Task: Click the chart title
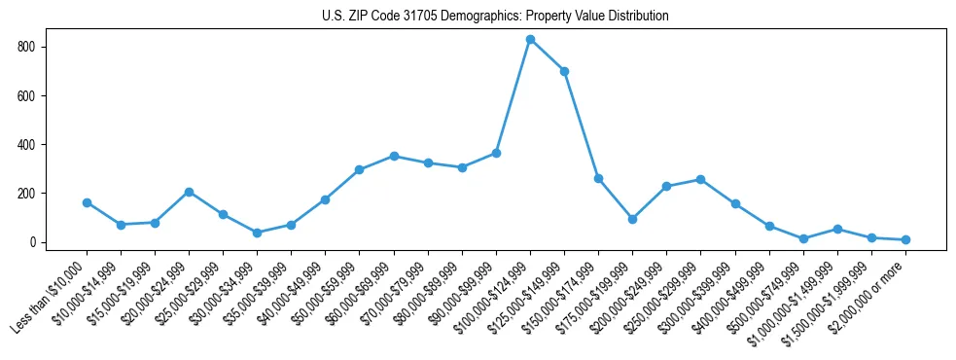[495, 17]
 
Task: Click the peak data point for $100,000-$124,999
[530, 40]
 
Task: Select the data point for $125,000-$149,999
[564, 71]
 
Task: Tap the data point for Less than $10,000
[87, 202]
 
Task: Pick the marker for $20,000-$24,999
[189, 192]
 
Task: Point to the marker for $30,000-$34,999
[257, 233]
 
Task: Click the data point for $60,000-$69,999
[394, 156]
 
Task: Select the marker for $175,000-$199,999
[632, 219]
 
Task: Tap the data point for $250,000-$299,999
[700, 179]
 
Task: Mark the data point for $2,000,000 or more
[905, 239]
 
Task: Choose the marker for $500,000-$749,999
[803, 238]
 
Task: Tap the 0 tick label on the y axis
[33, 242]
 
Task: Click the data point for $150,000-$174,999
[598, 178]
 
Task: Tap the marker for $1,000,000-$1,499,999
[837, 229]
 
